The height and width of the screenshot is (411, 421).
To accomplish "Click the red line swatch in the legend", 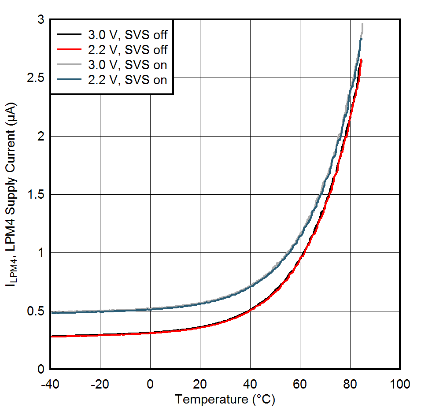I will coord(69,49).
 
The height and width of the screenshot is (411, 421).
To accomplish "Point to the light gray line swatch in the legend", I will coord(69,65).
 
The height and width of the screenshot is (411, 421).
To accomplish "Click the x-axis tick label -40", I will coord(50,384).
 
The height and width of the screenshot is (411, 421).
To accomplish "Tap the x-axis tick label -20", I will coord(100,384).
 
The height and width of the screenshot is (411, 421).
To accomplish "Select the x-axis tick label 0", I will coord(150,384).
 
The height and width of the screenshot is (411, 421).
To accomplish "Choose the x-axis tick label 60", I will coord(300,384).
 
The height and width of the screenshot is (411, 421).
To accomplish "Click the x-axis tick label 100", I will coord(400,384).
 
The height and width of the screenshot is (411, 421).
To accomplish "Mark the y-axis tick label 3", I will coord(41,20).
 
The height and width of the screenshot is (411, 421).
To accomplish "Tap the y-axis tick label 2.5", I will coord(36,78).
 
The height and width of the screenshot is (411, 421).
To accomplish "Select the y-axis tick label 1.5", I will coord(36,195).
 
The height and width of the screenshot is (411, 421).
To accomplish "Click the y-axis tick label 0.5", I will coord(36,311).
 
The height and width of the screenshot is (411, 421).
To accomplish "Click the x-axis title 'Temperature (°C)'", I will coord(225,400).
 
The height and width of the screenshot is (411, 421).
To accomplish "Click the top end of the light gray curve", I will coord(362,24).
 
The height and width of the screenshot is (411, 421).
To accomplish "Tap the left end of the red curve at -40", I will coord(51,336).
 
